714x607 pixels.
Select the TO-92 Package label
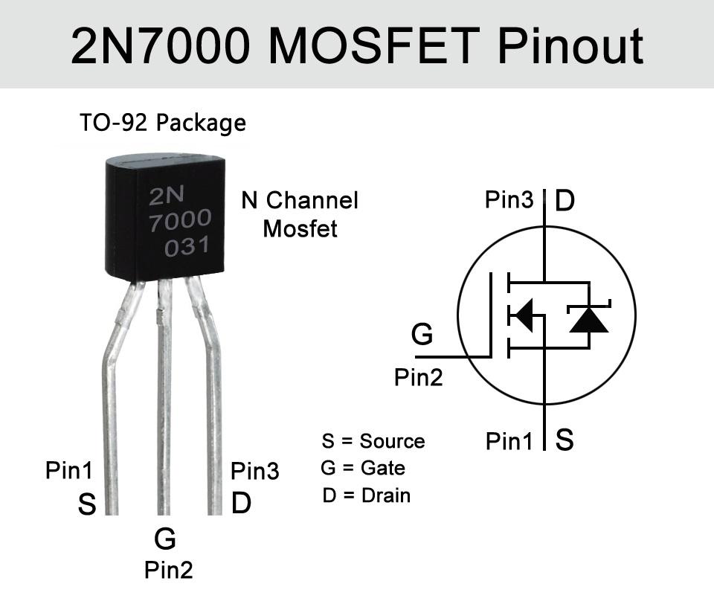click(x=163, y=123)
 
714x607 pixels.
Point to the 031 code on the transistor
click(x=187, y=247)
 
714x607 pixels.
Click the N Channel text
click(x=300, y=200)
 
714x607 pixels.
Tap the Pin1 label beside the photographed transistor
click(x=69, y=470)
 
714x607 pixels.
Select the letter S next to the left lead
click(x=87, y=505)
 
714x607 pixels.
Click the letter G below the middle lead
click(x=164, y=538)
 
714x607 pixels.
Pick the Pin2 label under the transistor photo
click(x=168, y=571)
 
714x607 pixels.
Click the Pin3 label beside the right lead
click(x=254, y=471)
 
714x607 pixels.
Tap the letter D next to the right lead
click(x=241, y=504)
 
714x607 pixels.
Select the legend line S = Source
click(x=373, y=441)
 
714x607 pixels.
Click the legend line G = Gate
click(x=363, y=468)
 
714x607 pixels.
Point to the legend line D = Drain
click(x=366, y=495)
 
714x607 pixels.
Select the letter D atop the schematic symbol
click(x=565, y=201)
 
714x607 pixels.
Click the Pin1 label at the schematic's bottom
click(x=509, y=442)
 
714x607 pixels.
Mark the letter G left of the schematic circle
click(x=422, y=335)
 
